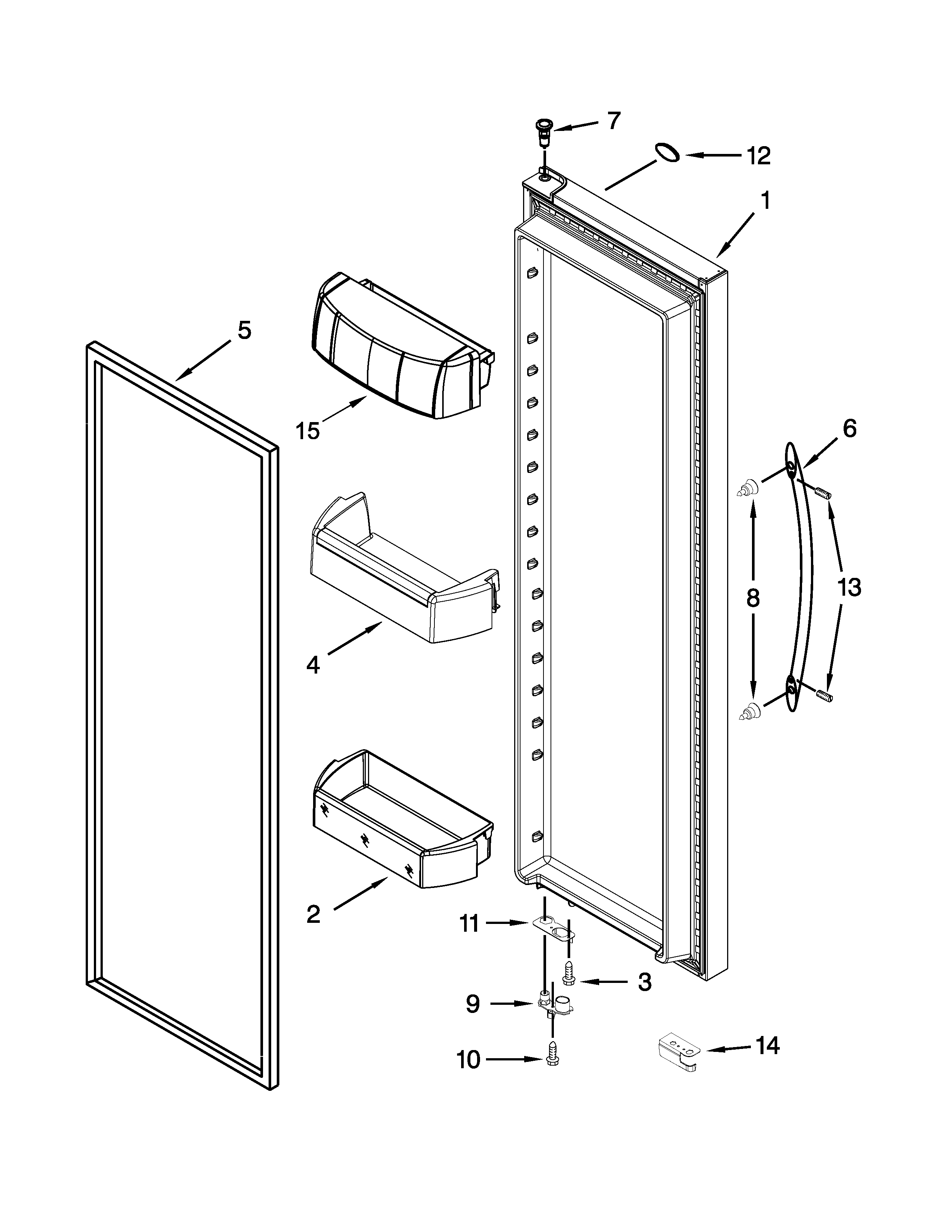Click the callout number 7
614,121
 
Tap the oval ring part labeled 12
667,152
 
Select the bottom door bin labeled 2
403,829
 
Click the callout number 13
849,588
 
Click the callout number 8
753,598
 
